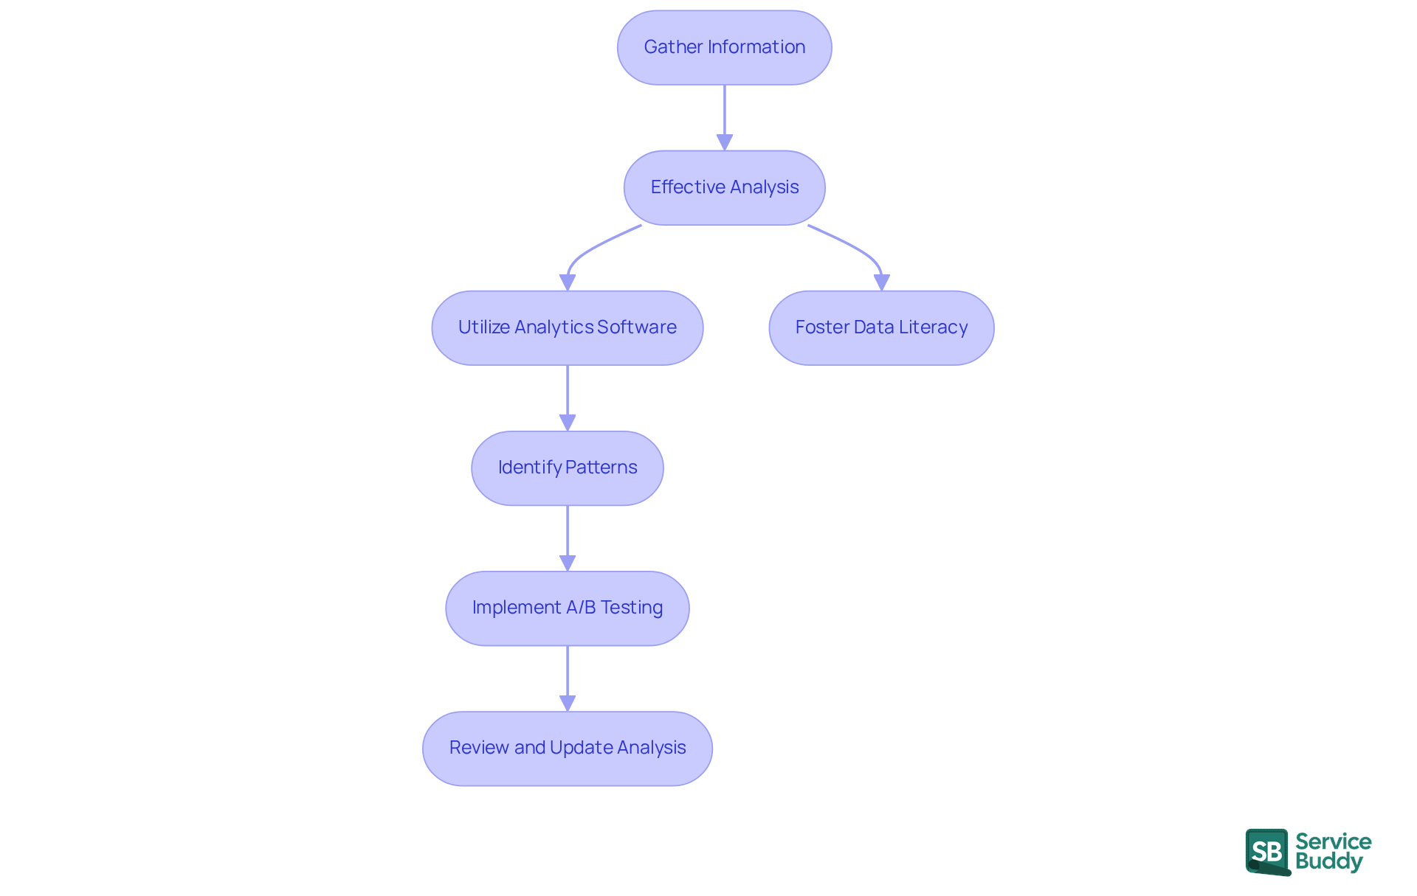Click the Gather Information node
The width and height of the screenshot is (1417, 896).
[724, 47]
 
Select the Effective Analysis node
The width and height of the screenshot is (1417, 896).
[724, 187]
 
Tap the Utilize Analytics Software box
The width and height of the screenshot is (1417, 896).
[567, 327]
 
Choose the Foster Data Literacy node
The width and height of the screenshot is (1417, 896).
[881, 327]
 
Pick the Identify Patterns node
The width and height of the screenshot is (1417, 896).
[567, 468]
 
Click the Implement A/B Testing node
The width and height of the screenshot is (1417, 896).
[567, 608]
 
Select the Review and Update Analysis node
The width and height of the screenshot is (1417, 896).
[567, 748]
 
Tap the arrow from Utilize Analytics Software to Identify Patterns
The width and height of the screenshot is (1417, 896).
[567, 398]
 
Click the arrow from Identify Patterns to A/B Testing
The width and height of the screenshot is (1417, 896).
[567, 538]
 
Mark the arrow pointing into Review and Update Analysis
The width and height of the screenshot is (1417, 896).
[567, 678]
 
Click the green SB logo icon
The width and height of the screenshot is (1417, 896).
[1267, 851]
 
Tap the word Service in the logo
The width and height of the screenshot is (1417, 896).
[1333, 841]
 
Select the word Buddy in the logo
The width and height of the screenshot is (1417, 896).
[1328, 861]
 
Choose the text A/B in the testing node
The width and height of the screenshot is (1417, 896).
[581, 608]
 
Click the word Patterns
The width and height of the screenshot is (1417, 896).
[601, 468]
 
